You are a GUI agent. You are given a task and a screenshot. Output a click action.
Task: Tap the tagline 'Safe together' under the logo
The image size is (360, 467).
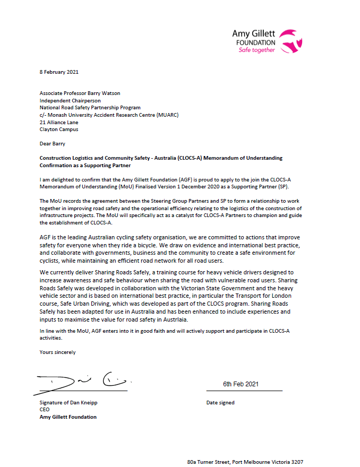[x=257, y=50]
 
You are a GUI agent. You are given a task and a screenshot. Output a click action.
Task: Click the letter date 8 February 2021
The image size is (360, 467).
[x=59, y=72]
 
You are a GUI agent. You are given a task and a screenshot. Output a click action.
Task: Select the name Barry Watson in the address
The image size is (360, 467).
[x=103, y=93]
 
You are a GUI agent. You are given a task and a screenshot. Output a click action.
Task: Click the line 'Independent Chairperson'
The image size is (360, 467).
[x=70, y=100]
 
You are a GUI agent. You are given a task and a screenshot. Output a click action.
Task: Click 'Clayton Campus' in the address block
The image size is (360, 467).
[x=58, y=128]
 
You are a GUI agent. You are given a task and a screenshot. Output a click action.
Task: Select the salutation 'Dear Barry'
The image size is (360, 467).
[x=52, y=143]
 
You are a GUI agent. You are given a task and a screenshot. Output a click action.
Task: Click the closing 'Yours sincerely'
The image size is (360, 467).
[x=57, y=352]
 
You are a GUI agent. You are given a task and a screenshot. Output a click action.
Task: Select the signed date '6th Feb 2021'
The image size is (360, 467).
[x=241, y=384]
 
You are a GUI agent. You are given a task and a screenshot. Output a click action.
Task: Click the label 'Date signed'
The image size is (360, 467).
[x=220, y=403]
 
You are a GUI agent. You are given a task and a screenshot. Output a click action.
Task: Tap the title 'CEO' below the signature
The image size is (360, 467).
[x=45, y=410]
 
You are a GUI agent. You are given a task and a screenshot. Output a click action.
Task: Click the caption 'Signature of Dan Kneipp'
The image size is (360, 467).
[x=68, y=403]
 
